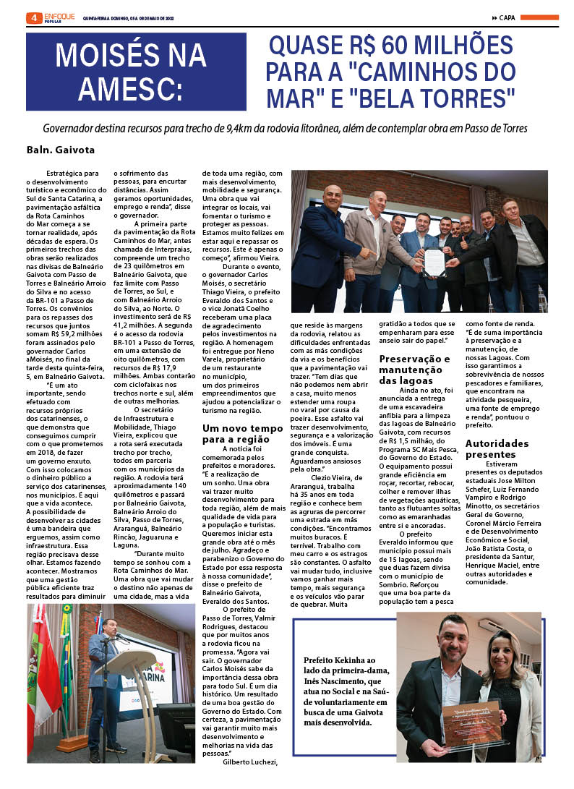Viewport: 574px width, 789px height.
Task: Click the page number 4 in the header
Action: pyautogui.click(x=32, y=18)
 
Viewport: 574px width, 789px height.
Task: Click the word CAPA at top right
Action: pyautogui.click(x=507, y=18)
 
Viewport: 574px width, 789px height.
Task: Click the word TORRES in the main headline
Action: pyautogui.click(x=472, y=96)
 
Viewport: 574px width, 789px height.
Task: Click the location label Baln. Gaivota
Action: pyautogui.click(x=61, y=150)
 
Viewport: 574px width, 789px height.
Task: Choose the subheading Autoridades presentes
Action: pyautogui.click(x=497, y=448)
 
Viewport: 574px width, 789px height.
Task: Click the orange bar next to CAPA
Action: pyautogui.click(x=539, y=18)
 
